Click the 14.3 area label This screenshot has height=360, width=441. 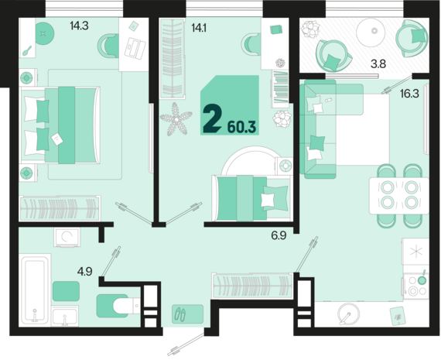coord(79,26)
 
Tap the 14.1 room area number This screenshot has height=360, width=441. coord(199,28)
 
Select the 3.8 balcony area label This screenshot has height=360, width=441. coord(378,64)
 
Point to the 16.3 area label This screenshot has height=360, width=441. coord(409,94)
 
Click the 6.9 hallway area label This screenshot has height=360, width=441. coord(279,235)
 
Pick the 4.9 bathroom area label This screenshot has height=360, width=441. coord(84,272)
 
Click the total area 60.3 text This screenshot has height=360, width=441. coord(241,127)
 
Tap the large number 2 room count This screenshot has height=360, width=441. coord(212,118)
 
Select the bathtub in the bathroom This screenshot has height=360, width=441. coord(35,290)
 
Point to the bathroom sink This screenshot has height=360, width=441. coord(65,317)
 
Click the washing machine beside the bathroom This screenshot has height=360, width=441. coord(67,237)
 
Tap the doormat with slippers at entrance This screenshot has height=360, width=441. coord(187,314)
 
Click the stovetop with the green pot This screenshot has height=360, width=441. coord(416,286)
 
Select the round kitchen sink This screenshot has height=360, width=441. coord(349,314)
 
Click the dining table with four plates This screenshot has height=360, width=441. coord(399,196)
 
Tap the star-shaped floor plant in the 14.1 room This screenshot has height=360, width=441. coord(176,119)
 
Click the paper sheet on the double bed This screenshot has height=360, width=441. coord(57,139)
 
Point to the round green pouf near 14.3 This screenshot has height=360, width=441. coord(43,33)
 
